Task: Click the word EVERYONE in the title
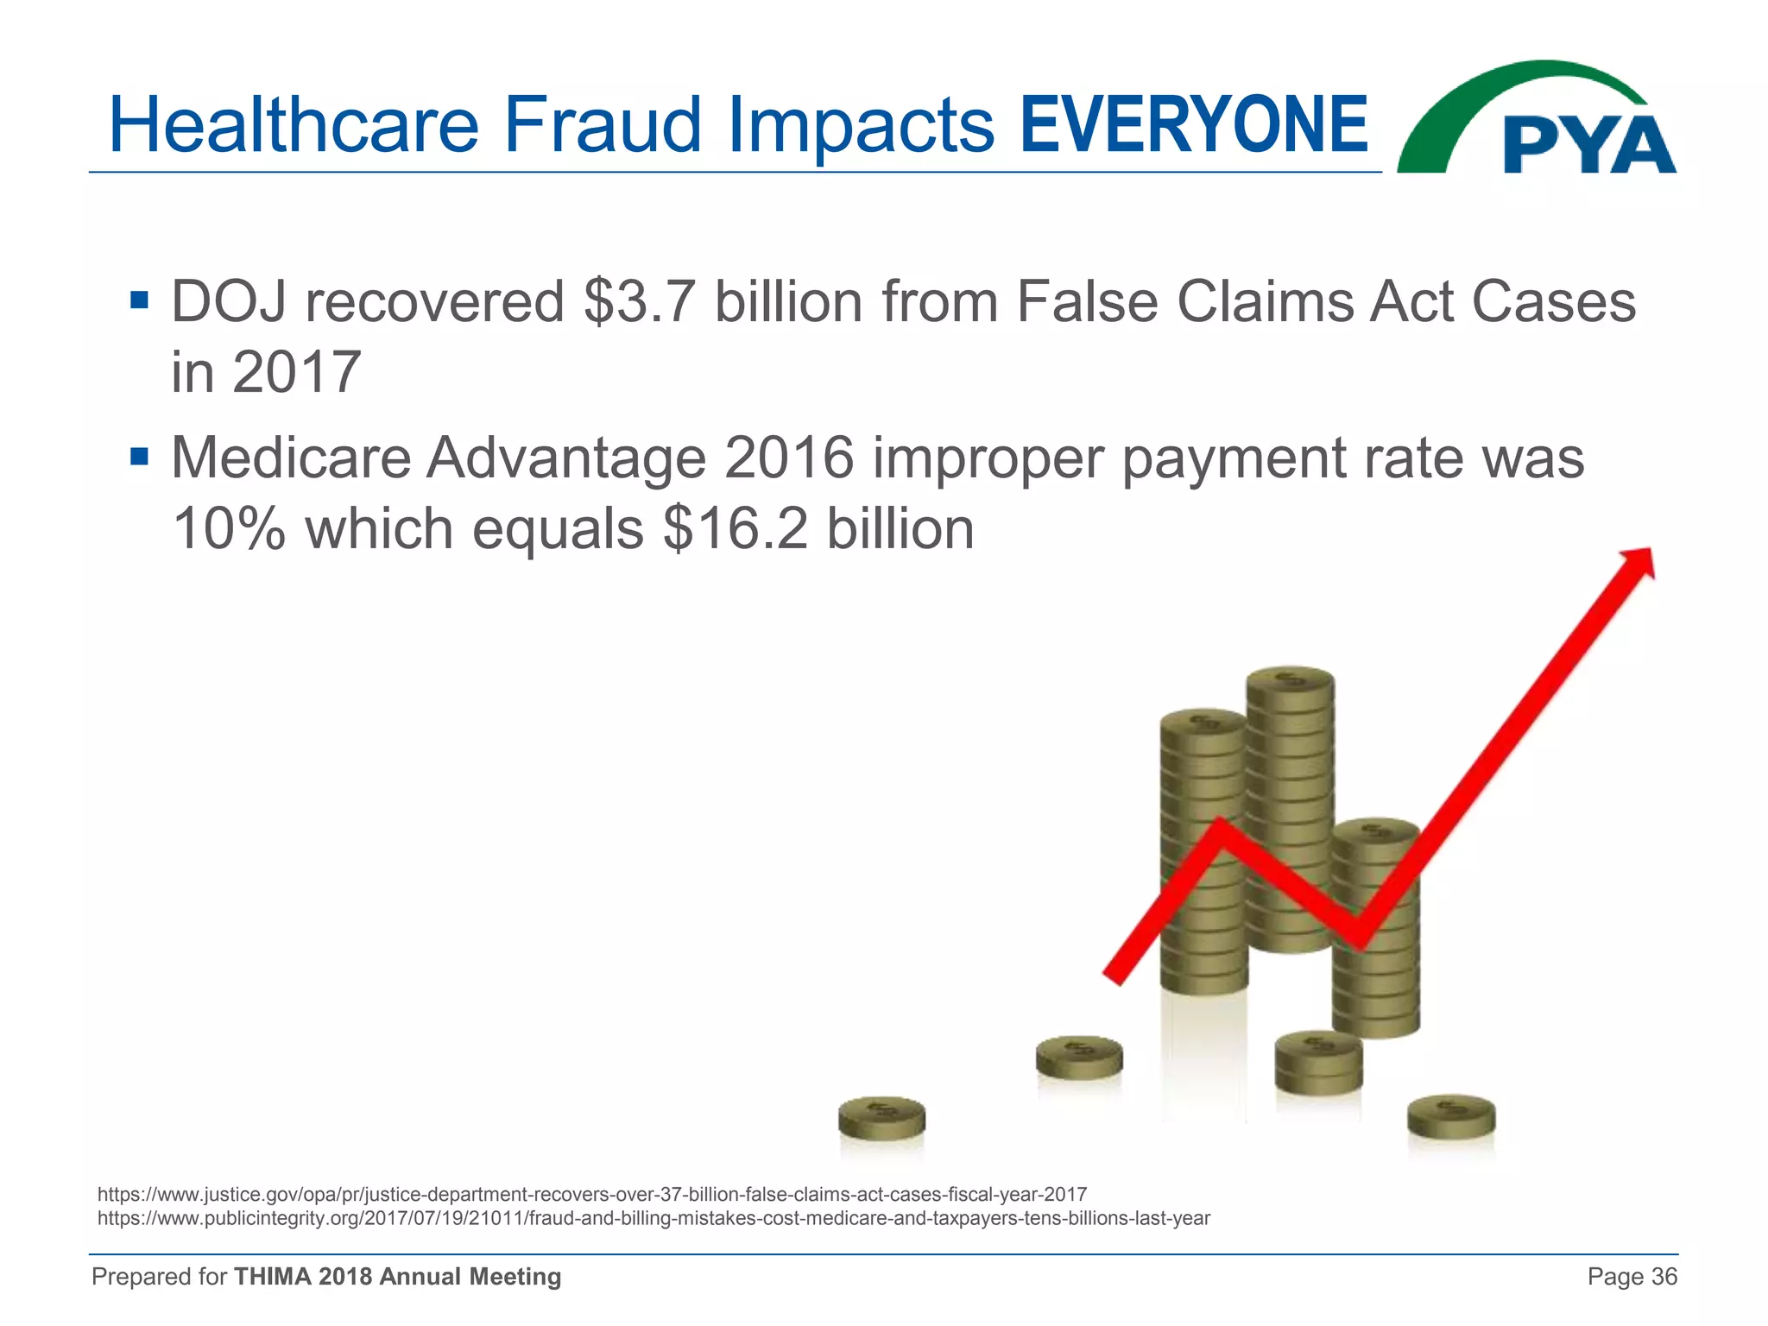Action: coord(1193,126)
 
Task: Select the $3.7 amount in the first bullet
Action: coord(639,302)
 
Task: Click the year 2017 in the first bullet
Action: coord(295,373)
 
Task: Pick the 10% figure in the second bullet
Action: coord(229,528)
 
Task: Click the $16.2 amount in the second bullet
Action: coord(736,528)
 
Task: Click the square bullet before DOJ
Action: coord(139,300)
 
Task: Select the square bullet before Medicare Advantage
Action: coord(139,455)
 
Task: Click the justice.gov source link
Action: coord(592,1195)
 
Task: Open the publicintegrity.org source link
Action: coord(654,1218)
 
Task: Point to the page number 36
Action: coord(1664,1277)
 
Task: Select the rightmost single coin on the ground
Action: coord(1451,1115)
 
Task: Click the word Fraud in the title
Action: coord(602,126)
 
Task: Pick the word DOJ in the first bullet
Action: coord(229,302)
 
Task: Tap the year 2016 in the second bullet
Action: coord(789,458)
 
